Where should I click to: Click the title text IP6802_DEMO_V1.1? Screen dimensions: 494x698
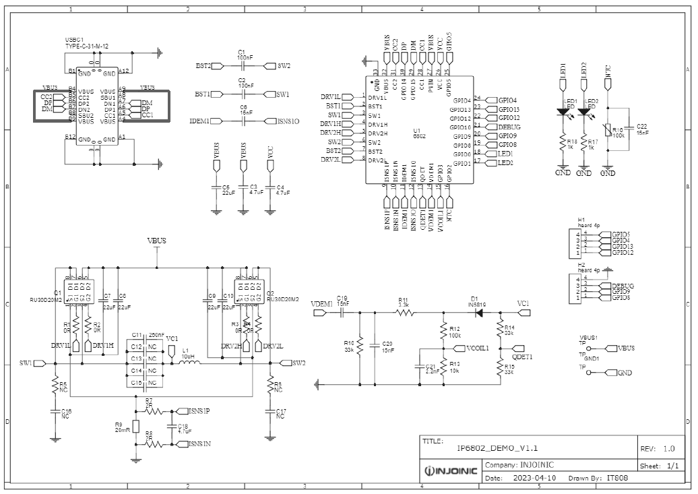click(497, 447)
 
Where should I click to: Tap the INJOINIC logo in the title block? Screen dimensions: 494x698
click(451, 470)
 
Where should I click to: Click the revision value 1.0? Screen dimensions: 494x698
click(668, 448)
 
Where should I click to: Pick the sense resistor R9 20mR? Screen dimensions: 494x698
click(136, 426)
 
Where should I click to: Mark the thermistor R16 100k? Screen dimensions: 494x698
click(608, 131)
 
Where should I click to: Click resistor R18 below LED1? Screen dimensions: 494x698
click(563, 143)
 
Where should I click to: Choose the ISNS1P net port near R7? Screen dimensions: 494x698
click(199, 410)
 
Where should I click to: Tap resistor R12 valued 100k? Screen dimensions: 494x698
click(443, 332)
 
